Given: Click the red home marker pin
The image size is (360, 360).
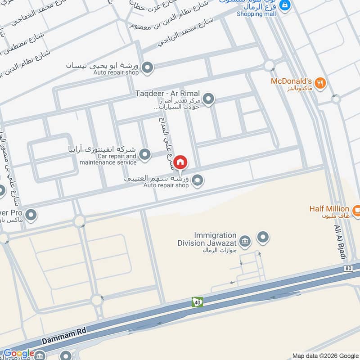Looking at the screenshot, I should [180, 162].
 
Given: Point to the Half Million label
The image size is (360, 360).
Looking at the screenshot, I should [329, 209].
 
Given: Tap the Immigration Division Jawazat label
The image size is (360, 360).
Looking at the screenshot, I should [215, 238].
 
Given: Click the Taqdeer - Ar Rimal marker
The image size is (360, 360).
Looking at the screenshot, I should [208, 99].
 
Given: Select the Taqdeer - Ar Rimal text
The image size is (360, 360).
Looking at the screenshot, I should [167, 94].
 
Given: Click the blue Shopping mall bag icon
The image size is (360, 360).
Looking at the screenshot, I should [284, 5].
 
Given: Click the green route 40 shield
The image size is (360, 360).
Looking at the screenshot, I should [197, 301].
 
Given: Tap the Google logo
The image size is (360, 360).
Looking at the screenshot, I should [19, 354].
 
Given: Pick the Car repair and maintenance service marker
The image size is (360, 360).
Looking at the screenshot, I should [144, 155].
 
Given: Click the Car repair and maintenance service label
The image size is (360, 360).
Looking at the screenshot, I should [108, 159].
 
